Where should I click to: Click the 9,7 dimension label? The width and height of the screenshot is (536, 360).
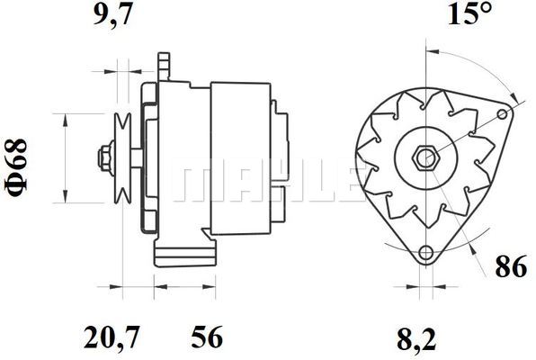tap(112, 15)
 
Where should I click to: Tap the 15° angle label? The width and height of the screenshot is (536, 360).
tap(469, 13)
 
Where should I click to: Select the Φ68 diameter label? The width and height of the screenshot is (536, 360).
tap(15, 168)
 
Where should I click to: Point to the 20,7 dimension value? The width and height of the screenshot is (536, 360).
tap(112, 337)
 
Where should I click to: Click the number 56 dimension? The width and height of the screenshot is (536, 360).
tap(207, 337)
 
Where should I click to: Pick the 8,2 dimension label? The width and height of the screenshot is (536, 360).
tap(416, 338)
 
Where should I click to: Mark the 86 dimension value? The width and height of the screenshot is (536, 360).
tap(511, 267)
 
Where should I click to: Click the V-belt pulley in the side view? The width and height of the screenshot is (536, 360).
tap(122, 158)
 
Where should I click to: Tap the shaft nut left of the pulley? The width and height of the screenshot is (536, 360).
tap(104, 158)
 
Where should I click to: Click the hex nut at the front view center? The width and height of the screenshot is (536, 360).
tap(425, 158)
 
